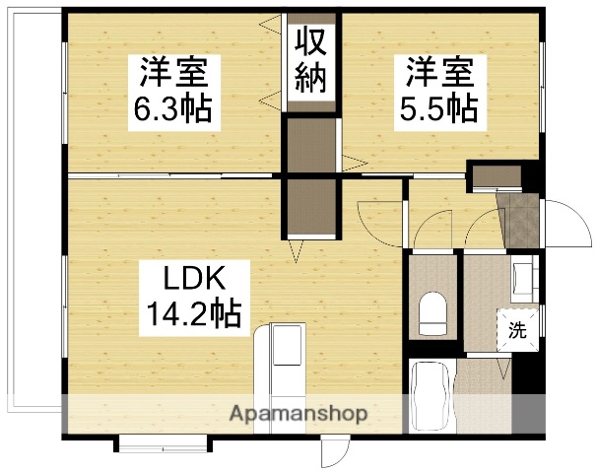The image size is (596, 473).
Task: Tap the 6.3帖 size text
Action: pyautogui.click(x=173, y=107)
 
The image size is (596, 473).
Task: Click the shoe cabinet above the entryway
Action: pyautogui.click(x=496, y=176)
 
